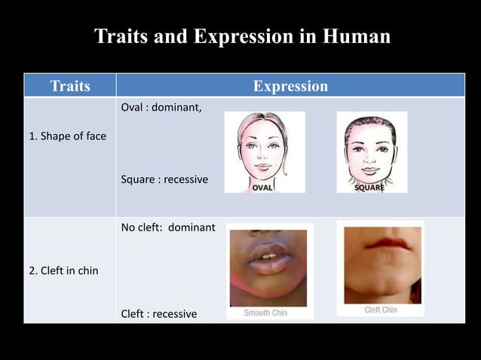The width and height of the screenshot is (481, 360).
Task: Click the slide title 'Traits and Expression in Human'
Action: pyautogui.click(x=242, y=36)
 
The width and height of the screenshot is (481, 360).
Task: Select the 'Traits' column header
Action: pyautogui.click(x=70, y=86)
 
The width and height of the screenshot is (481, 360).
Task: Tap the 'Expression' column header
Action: pyautogui.click(x=290, y=86)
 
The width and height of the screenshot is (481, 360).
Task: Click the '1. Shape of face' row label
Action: pyautogui.click(x=68, y=136)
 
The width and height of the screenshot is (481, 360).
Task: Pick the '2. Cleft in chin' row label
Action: pyautogui.click(x=63, y=270)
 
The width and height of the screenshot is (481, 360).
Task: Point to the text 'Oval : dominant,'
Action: pyautogui.click(x=161, y=107)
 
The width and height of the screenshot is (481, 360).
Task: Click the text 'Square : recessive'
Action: pyautogui.click(x=164, y=180)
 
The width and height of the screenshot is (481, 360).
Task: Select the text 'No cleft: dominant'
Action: pyautogui.click(x=168, y=227)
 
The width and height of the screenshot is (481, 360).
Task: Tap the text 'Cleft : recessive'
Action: pyautogui.click(x=159, y=313)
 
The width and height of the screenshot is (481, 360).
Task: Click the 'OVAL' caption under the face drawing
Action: pyautogui.click(x=262, y=187)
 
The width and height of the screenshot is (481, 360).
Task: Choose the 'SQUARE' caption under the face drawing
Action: pyautogui.click(x=369, y=188)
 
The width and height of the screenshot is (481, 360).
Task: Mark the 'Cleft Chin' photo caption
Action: pyautogui.click(x=381, y=310)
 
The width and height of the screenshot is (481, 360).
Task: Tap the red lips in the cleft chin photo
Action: pyautogui.click(x=383, y=244)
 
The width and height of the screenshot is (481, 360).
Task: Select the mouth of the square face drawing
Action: pyautogui.click(x=371, y=167)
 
